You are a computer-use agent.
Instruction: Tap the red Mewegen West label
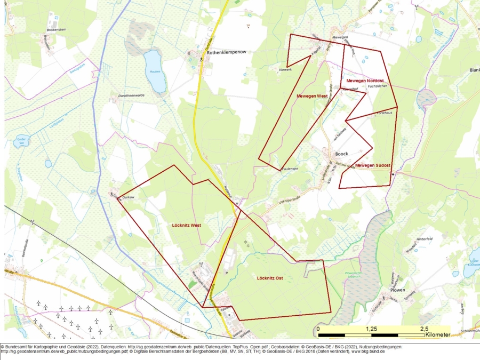(x=312, y=96)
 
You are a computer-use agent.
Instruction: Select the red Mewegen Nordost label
(x=365, y=81)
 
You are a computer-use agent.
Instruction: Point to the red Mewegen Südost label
(x=373, y=165)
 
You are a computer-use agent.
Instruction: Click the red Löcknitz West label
(x=187, y=225)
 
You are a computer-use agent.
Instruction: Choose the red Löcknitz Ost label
(x=269, y=278)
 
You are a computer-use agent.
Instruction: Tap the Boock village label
(x=341, y=154)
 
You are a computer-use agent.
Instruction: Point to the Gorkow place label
(x=128, y=197)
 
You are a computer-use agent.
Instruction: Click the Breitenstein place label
(x=56, y=30)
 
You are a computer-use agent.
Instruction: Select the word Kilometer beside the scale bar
(x=438, y=335)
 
